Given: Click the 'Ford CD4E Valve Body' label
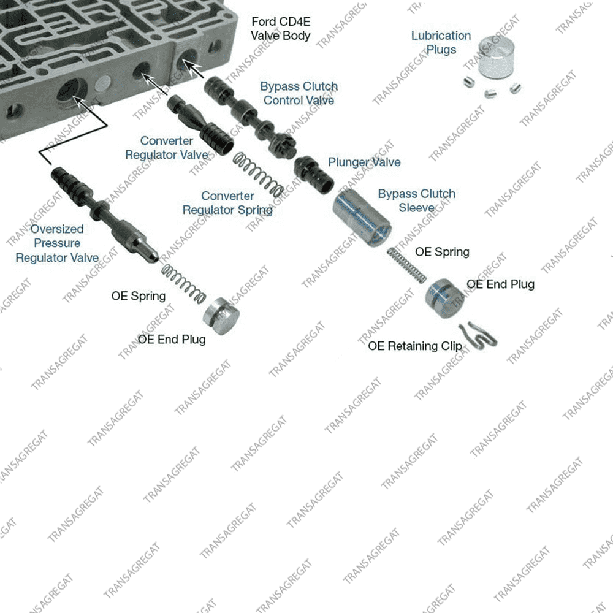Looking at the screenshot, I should pyautogui.click(x=280, y=28).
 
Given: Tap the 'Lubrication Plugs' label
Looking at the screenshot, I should pyautogui.click(x=441, y=42).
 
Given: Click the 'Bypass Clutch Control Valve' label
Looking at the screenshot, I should pyautogui.click(x=299, y=93).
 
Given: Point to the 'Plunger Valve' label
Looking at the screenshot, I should pyautogui.click(x=364, y=162).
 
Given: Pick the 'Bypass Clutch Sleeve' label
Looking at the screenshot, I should pyautogui.click(x=416, y=200).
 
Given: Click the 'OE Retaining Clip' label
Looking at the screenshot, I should pyautogui.click(x=415, y=346).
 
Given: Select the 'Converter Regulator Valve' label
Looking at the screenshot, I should pyautogui.click(x=167, y=148).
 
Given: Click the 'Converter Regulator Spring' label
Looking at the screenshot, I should pyautogui.click(x=227, y=203).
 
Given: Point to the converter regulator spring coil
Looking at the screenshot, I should pyautogui.click(x=258, y=174).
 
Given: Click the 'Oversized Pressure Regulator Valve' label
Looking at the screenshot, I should pyautogui.click(x=57, y=243).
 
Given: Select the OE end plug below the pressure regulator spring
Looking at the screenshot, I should pyautogui.click(x=220, y=316).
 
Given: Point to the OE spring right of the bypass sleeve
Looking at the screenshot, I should pyautogui.click(x=406, y=264).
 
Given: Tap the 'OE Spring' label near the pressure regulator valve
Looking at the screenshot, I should pyautogui.click(x=139, y=296).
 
